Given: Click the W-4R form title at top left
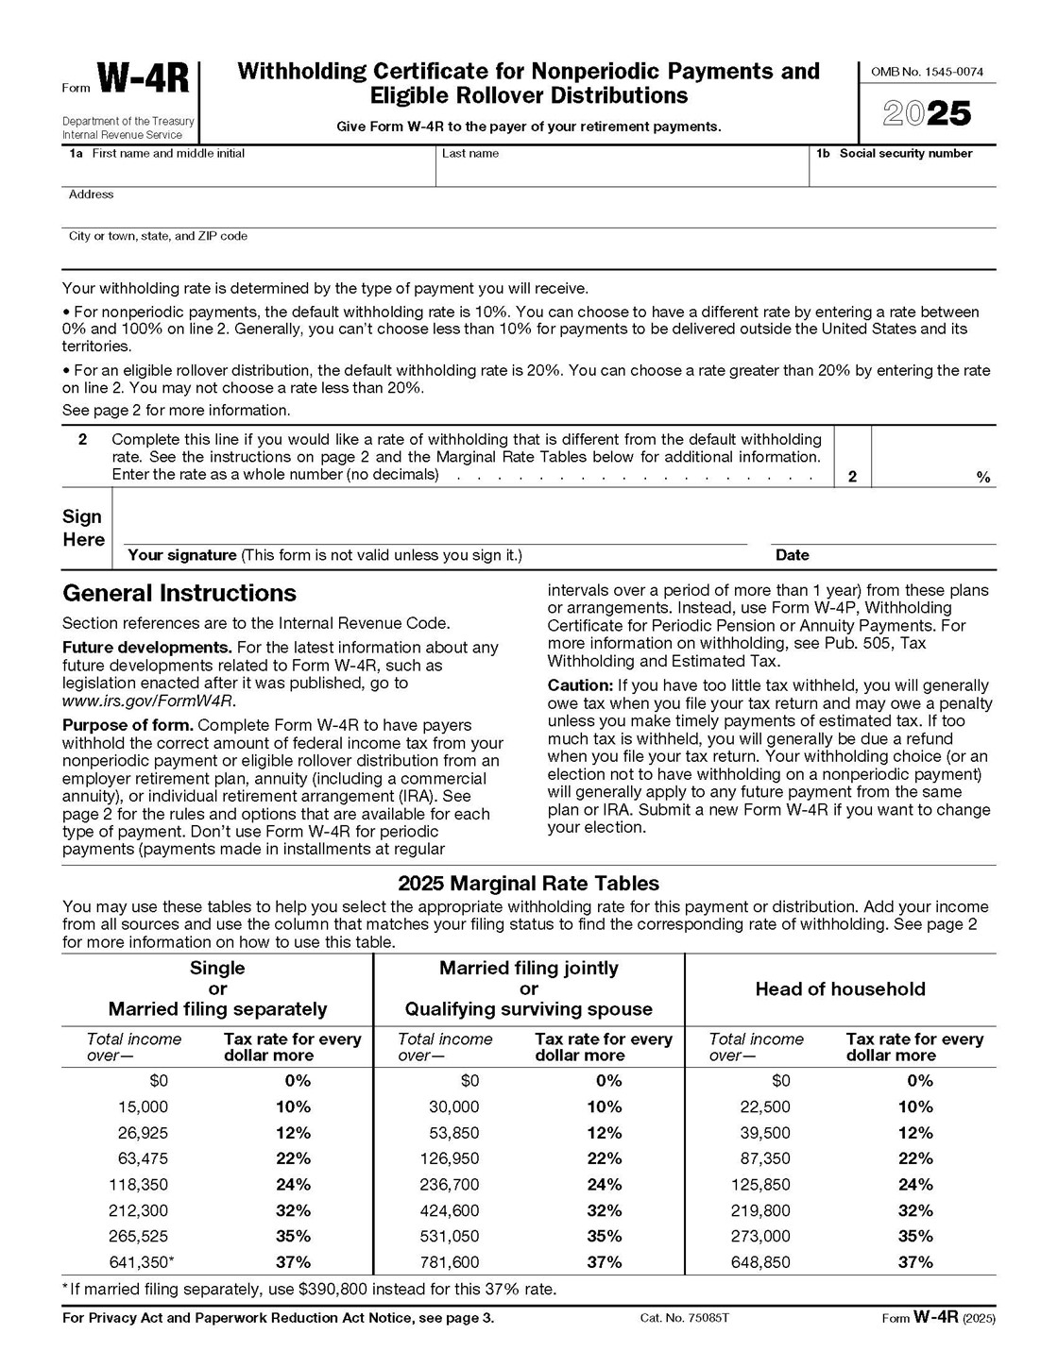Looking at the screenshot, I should pos(144,80).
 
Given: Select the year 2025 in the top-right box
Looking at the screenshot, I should pos(927,114).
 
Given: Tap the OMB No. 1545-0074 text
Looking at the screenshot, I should pos(927,72).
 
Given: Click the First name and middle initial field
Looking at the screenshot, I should pos(247,173).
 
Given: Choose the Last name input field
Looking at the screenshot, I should pos(621,173).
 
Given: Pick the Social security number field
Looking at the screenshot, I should pos(903,173).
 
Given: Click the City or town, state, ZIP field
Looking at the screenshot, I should pos(529,255).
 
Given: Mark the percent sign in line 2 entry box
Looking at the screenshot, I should pos(983,478).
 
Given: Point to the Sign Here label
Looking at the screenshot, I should pos(83,528).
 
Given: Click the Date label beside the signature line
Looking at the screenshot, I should pos(792,555).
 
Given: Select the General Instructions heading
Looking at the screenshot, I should pos(179,593).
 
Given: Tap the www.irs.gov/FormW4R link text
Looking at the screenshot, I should pos(148,701).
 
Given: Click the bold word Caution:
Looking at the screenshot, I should pos(580,685).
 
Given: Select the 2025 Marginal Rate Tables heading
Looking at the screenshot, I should pos(528,884).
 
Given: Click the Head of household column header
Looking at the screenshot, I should pos(840,989).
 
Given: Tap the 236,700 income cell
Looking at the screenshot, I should pos(450,1185).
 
